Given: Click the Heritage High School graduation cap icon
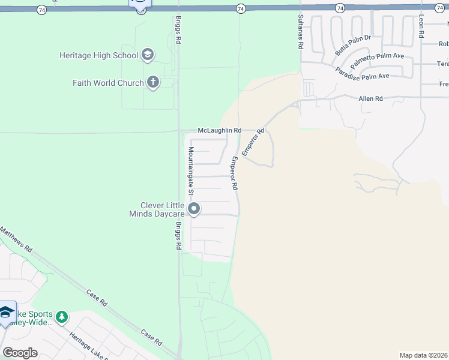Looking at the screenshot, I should [147, 55].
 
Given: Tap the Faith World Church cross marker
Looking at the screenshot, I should [152, 83].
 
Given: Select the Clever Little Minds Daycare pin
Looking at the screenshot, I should [194, 209].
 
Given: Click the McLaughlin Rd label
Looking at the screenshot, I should [219, 130].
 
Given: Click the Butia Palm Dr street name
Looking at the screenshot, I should [354, 45].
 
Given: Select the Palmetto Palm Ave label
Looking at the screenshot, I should [378, 61].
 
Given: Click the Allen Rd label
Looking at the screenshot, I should [370, 98].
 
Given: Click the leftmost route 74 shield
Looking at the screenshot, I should [41, 9].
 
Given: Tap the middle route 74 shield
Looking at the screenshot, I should [240, 8].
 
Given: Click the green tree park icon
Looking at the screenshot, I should [62, 316].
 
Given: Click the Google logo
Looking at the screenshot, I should [20, 353].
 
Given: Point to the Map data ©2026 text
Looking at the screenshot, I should [423, 355].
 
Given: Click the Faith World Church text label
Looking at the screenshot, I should [108, 83].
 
